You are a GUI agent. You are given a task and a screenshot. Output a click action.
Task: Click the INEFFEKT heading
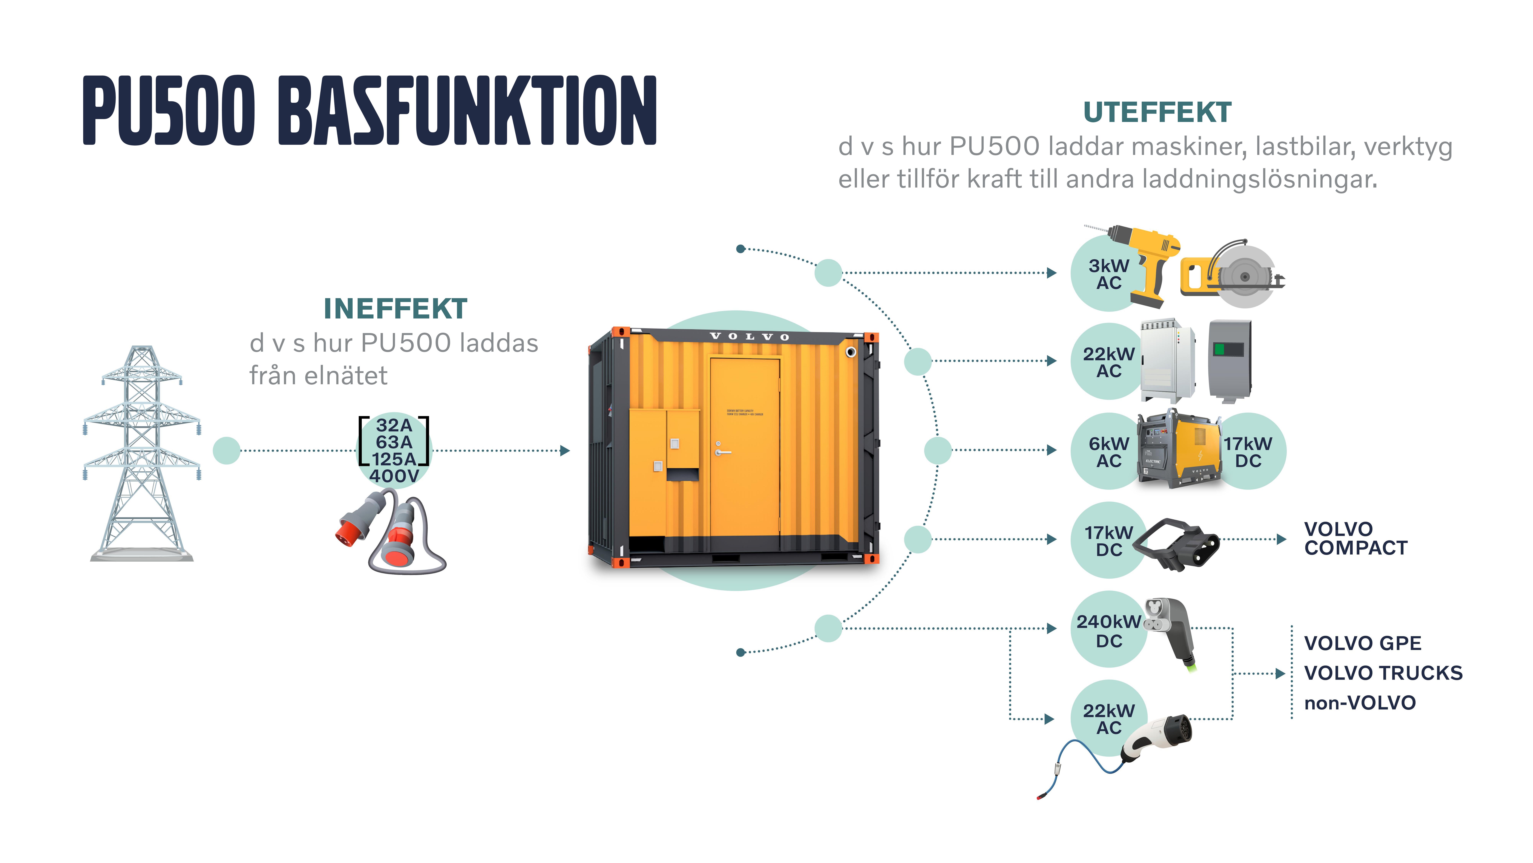click(395, 309)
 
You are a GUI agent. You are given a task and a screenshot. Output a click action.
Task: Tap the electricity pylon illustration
click(142, 453)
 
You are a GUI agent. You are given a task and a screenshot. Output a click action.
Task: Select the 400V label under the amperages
click(394, 476)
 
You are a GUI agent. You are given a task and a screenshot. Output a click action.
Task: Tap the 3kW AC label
click(1109, 274)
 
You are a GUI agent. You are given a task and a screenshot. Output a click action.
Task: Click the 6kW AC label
click(1109, 452)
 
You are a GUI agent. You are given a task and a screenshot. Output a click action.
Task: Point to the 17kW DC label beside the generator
click(1248, 452)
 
